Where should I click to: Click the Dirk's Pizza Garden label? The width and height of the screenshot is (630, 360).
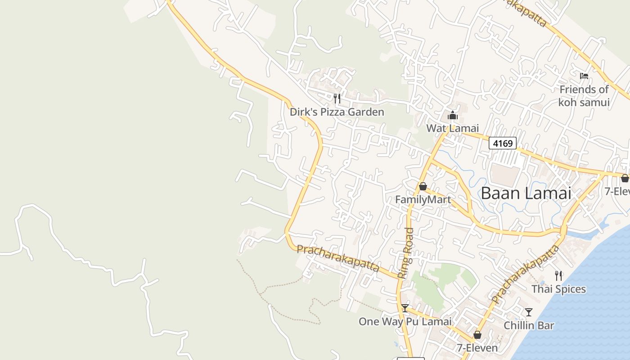point(337,112)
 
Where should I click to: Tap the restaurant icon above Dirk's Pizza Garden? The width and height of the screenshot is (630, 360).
point(337,98)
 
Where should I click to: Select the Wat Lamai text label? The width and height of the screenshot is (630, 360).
point(452,128)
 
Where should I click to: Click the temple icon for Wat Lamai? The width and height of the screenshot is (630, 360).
point(452,115)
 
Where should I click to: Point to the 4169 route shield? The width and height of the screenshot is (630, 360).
point(503,144)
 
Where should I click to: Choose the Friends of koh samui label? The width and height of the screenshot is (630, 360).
point(584,96)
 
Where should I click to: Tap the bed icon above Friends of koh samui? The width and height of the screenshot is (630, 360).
point(584,76)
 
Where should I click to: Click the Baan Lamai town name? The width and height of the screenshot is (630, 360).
point(526,193)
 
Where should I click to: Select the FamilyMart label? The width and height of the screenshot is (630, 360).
point(423,199)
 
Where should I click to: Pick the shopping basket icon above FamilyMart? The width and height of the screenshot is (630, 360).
point(423,186)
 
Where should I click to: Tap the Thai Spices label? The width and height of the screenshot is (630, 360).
point(558,289)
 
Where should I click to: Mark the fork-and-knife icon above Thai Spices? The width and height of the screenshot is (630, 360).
point(558,275)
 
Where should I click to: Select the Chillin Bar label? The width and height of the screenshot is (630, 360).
point(529,325)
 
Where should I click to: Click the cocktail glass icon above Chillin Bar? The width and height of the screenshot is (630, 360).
point(529,312)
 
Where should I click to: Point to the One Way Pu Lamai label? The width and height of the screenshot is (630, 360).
point(405,321)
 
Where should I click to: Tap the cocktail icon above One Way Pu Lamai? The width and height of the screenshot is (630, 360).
point(405,308)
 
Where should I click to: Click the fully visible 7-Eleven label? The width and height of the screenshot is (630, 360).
point(477,348)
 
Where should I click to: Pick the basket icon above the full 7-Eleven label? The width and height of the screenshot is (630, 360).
point(477,335)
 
